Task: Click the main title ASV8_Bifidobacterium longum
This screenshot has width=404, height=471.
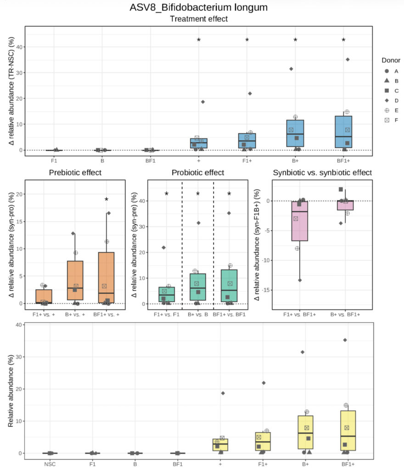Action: click(199, 8)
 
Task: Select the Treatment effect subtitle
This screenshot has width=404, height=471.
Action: click(199, 19)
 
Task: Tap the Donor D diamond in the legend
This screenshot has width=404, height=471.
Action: click(387, 100)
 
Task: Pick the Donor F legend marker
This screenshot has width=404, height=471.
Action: click(387, 120)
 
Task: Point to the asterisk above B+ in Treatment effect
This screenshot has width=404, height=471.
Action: click(295, 40)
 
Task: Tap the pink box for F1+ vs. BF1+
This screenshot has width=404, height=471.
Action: click(299, 221)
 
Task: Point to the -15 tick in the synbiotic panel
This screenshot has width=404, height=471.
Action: click(264, 290)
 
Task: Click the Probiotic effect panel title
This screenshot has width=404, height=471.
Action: click(197, 173)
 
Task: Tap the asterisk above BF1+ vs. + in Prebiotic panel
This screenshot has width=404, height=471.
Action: click(107, 200)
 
